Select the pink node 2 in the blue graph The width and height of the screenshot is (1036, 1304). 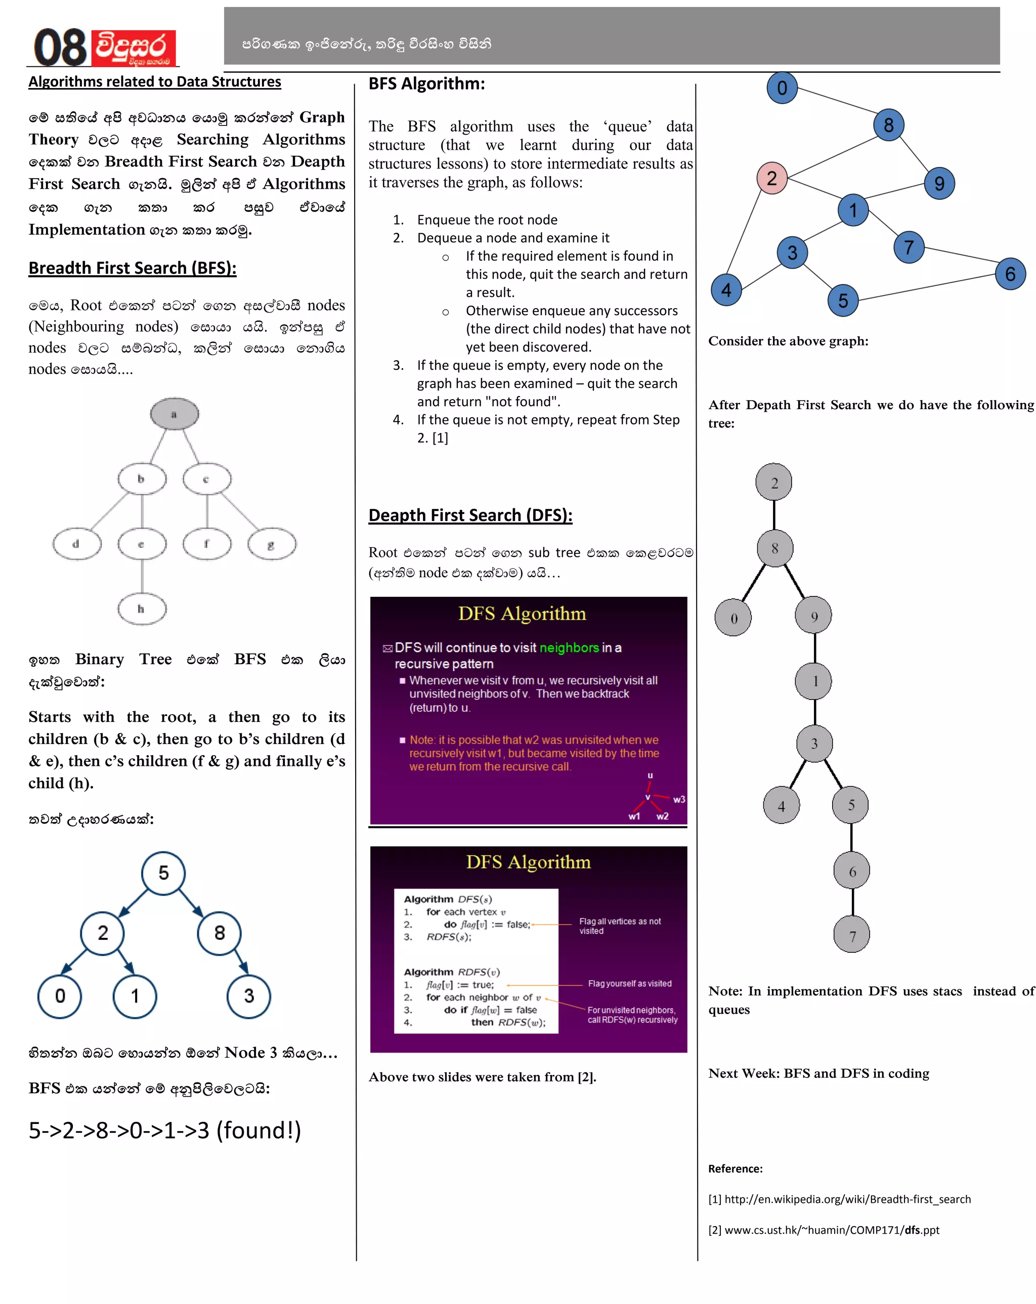[772, 179]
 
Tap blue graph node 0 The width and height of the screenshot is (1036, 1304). [782, 88]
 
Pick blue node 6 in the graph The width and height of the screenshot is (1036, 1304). [1010, 274]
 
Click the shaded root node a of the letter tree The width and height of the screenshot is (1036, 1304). [174, 414]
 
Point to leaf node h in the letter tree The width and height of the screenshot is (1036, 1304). [142, 608]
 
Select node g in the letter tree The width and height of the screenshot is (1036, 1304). [272, 544]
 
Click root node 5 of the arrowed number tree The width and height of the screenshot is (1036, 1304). [163, 873]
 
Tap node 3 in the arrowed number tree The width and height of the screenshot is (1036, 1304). [248, 996]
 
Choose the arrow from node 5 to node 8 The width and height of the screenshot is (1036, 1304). [191, 902]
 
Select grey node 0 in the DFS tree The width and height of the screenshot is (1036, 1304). [733, 618]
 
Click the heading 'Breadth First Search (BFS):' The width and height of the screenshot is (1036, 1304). [133, 268]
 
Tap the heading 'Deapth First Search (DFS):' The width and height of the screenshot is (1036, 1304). [470, 515]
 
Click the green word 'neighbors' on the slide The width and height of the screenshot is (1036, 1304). [569, 647]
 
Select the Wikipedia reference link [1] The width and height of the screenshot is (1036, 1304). [839, 1199]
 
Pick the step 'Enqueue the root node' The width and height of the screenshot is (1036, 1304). [487, 220]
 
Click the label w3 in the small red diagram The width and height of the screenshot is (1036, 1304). [678, 800]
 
